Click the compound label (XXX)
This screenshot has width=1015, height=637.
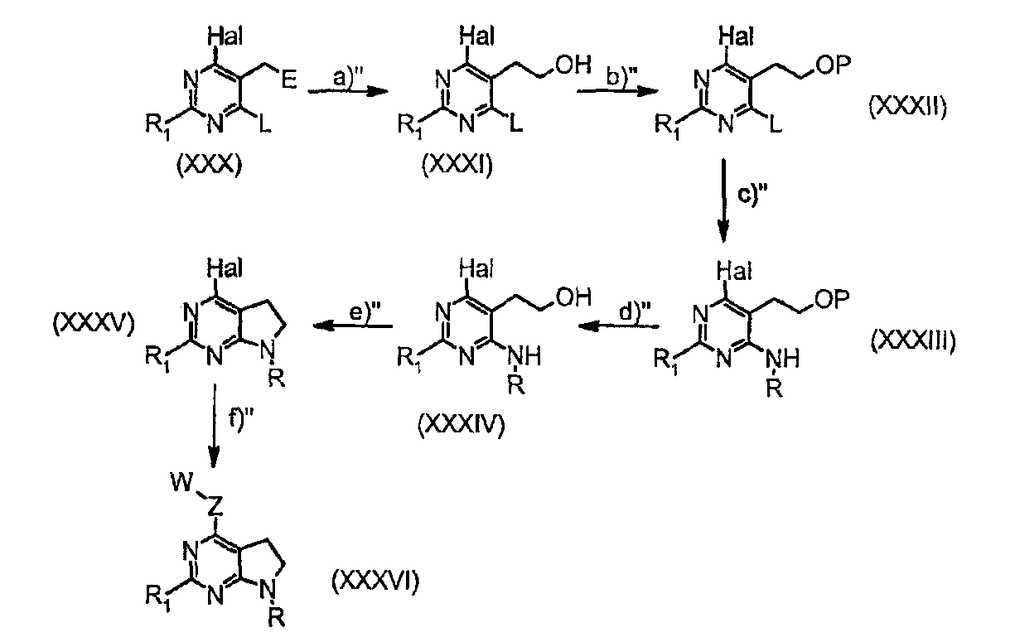(209, 166)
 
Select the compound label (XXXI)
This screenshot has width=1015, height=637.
(457, 166)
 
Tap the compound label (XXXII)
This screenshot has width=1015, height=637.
(907, 108)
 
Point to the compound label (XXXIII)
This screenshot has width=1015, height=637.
(913, 340)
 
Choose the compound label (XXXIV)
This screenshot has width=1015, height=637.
(461, 425)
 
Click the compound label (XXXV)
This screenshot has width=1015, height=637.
(94, 324)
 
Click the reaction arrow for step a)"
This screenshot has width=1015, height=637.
(348, 91)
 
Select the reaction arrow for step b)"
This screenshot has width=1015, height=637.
(617, 91)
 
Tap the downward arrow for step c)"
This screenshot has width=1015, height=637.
(723, 200)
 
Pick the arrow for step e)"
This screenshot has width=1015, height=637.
(353, 326)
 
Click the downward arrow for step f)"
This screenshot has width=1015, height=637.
(214, 426)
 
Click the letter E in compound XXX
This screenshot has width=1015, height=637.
(289, 80)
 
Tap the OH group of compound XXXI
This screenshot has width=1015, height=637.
(573, 65)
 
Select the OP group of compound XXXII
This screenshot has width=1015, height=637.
(833, 65)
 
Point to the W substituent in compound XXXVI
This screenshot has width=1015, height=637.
(182, 482)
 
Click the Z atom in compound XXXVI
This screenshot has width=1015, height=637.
(215, 507)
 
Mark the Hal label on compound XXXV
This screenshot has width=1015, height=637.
(225, 268)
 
